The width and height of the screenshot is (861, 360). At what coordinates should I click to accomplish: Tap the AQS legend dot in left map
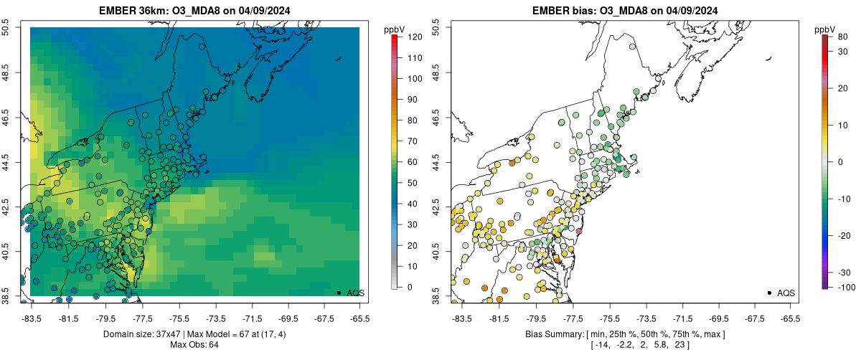[339, 293]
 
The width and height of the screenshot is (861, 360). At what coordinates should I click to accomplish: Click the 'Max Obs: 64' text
[194, 345]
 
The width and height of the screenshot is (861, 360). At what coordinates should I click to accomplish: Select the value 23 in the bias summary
[677, 345]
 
